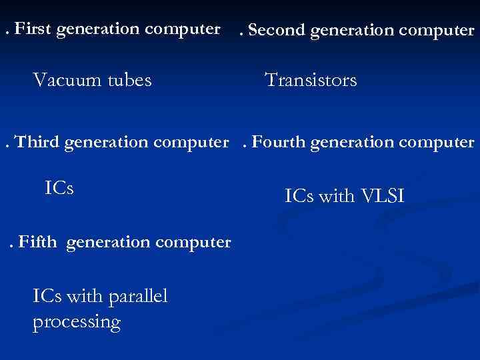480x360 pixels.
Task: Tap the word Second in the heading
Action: click(273, 30)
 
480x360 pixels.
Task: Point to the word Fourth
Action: click(279, 142)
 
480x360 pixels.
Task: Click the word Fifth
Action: click(38, 242)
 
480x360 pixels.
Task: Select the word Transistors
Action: click(311, 81)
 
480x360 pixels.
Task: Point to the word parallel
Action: click(137, 295)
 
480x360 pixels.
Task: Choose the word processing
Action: click(76, 323)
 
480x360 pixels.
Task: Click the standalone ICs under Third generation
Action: click(59, 188)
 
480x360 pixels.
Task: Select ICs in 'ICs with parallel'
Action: click(46, 295)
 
